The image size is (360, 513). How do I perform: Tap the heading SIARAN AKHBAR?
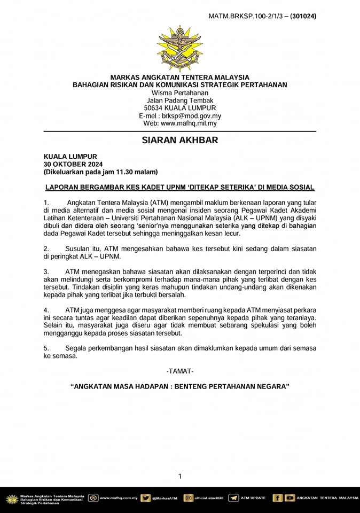click(180, 141)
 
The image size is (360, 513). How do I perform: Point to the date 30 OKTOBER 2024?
click(73, 164)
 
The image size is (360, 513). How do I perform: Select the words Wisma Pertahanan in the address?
click(180, 92)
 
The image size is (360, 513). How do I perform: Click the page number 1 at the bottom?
click(180, 476)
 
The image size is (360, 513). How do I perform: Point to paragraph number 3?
click(46, 272)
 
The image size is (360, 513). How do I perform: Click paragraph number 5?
click(46, 348)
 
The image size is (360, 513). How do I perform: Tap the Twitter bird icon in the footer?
click(145, 498)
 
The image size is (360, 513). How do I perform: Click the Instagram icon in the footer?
click(189, 498)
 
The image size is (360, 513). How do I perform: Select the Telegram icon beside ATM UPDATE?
click(233, 498)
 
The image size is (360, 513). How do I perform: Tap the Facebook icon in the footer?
click(277, 498)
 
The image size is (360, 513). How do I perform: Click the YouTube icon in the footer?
click(289, 498)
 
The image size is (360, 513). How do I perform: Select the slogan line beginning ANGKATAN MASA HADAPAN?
click(180, 386)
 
